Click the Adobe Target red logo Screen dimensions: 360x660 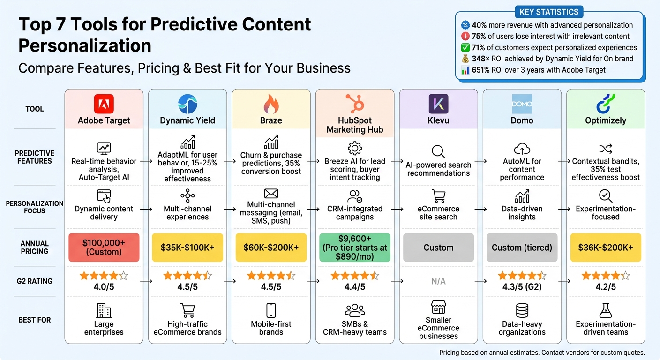point(104,104)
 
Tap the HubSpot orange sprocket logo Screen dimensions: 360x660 point(355,103)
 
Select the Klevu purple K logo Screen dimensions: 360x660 point(438,104)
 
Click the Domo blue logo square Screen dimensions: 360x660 point(522,104)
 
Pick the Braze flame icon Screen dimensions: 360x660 point(271,104)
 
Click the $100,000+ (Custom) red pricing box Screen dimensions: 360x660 point(104,247)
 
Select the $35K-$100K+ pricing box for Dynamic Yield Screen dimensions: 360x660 point(187,247)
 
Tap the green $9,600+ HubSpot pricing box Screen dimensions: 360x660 point(355,247)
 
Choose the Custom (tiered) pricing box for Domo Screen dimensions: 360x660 point(522,247)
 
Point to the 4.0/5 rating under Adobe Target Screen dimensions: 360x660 point(104,286)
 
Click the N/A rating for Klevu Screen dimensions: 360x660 point(438,281)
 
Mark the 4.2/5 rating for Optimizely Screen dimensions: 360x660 point(606,286)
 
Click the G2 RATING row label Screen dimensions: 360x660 point(35,281)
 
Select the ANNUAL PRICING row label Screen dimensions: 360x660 point(35,247)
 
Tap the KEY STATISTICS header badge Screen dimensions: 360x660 point(549,12)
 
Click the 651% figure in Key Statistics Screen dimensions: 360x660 point(482,70)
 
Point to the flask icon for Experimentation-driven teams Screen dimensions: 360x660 point(606,310)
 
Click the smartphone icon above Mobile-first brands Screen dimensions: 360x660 point(271,310)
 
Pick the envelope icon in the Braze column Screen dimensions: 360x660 point(271,193)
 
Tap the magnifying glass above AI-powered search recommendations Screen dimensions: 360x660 point(438,151)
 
